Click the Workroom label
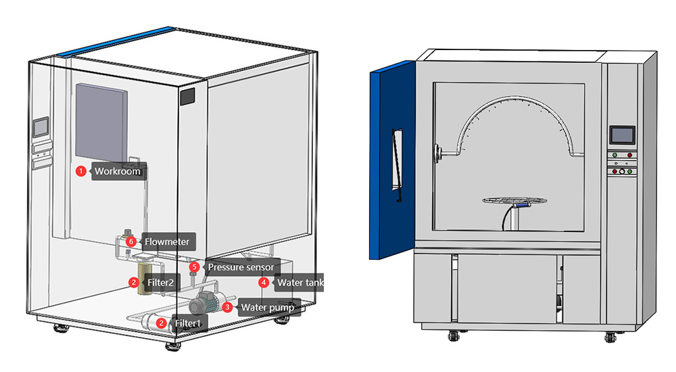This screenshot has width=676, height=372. coord(118,172)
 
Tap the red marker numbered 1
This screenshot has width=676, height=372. coord(80,172)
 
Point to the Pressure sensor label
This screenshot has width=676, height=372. coord(240,267)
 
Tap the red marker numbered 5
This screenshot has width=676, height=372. coord(194,267)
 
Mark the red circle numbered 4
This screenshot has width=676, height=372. coord(264,283)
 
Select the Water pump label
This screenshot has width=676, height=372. coord(268,308)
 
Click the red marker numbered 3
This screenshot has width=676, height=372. coord(227,308)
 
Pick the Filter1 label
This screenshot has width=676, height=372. coord(188,324)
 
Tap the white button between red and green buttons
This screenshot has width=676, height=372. coord(622,171)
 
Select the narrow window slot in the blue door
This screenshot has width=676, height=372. coord(396,166)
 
